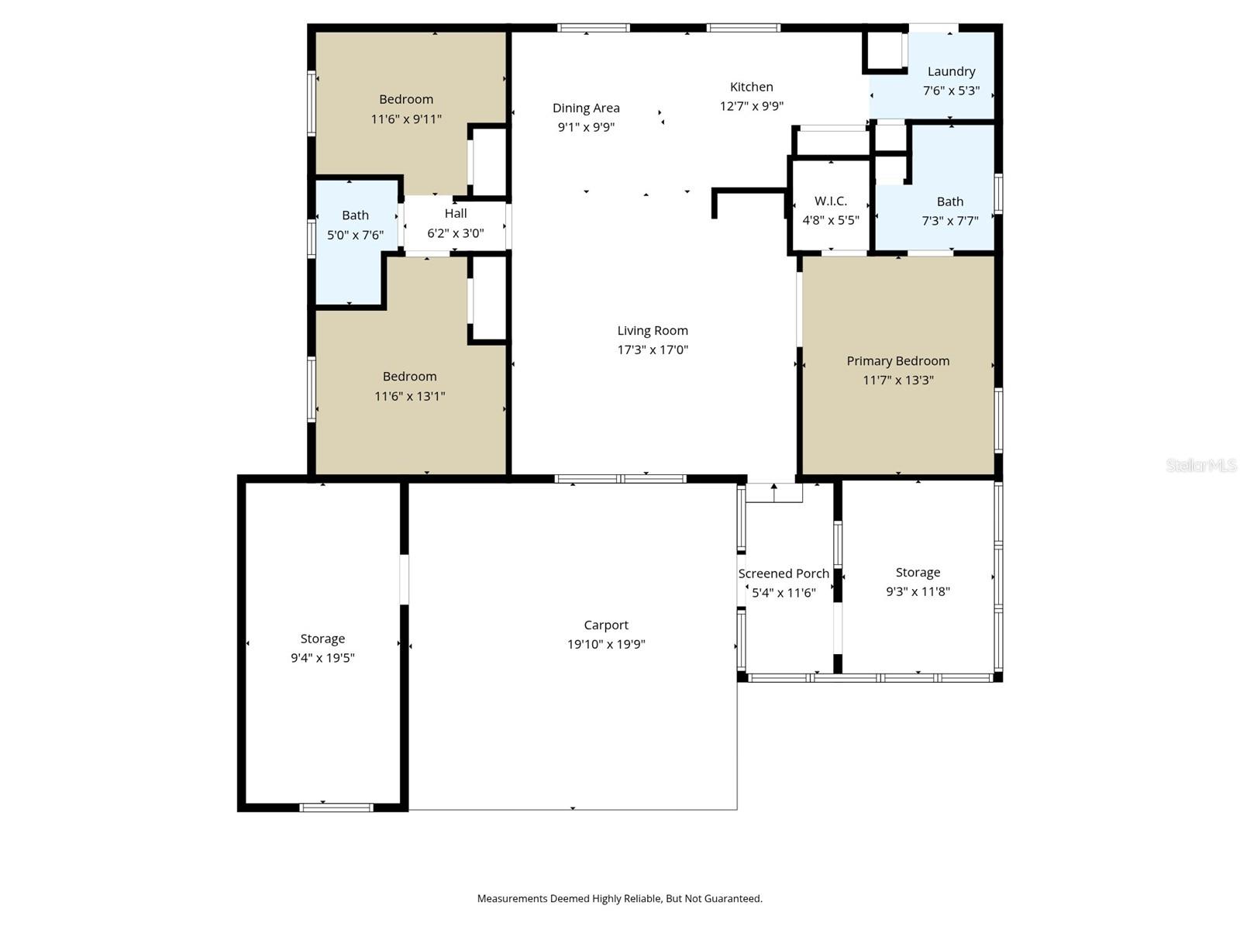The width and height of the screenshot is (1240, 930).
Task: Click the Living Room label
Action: [x=653, y=331]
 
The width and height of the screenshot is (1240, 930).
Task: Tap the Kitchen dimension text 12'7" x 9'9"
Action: [x=751, y=106]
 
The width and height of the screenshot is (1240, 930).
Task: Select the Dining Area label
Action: [x=586, y=108]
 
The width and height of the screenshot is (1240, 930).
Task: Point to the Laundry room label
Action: [x=951, y=71]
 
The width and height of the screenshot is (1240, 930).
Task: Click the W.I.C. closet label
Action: [x=830, y=201]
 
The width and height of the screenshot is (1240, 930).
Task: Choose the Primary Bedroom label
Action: [x=897, y=361]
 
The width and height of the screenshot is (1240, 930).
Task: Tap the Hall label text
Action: [x=456, y=214]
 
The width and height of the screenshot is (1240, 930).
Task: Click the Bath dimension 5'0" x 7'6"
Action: [x=355, y=235]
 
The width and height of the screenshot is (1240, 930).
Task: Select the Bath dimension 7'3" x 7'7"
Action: [x=949, y=221]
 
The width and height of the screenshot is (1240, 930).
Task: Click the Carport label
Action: [x=606, y=625]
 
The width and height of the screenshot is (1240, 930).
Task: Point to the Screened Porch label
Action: [x=784, y=574]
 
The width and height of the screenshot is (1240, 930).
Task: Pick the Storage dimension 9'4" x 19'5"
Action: [x=322, y=658]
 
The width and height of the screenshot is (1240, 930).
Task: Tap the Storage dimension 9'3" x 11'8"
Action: [x=918, y=591]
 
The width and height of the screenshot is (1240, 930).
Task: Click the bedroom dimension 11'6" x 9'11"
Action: [x=406, y=119]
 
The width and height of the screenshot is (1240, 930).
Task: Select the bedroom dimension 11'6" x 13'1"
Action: [x=409, y=396]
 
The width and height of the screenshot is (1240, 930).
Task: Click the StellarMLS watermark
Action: [x=1200, y=466]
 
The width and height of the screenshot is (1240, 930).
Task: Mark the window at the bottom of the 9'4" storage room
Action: [x=336, y=808]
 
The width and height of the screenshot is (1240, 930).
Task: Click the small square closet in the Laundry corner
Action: [x=884, y=50]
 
